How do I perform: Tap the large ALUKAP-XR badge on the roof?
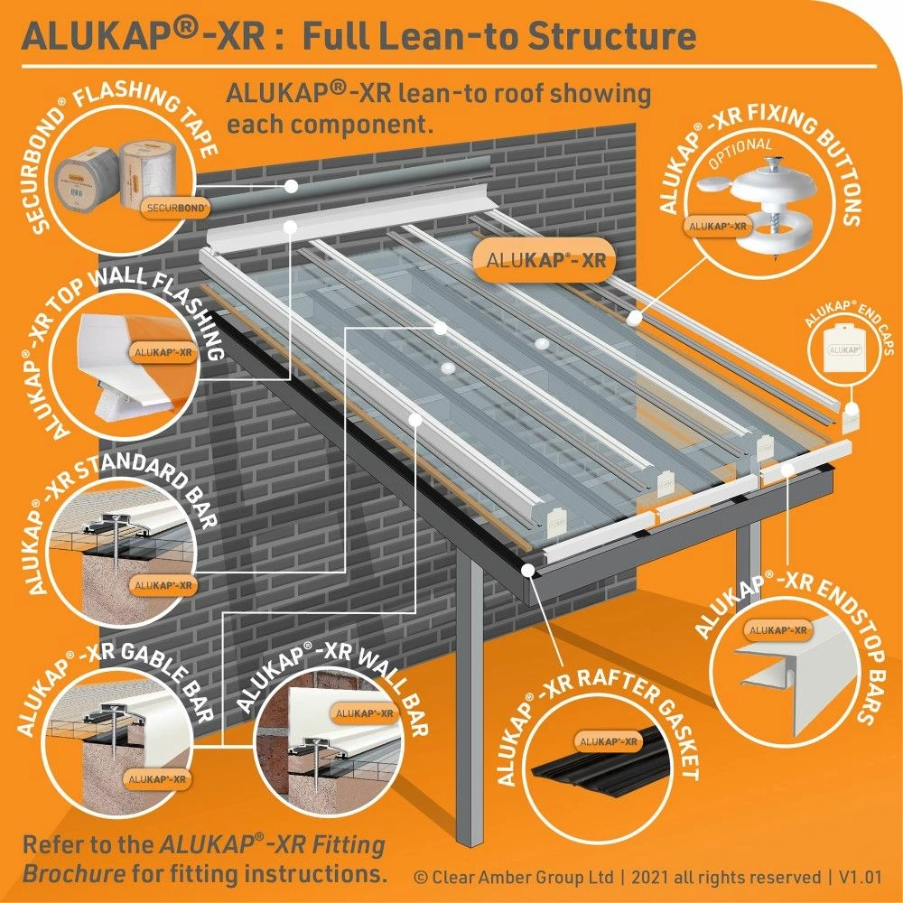coord(545,261)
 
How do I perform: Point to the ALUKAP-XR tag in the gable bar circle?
coord(156,777)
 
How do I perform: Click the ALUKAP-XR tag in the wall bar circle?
coord(365,713)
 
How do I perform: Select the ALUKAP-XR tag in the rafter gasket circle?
coord(607,741)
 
